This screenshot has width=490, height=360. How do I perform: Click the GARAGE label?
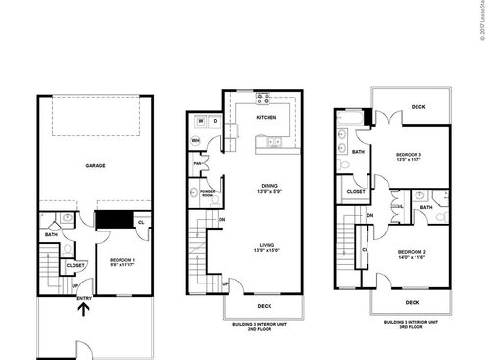(x=95, y=166)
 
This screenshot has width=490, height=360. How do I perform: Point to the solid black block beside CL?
(x=115, y=220)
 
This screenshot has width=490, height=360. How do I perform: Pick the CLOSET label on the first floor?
(x=75, y=265)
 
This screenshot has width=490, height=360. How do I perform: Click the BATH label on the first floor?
(x=51, y=234)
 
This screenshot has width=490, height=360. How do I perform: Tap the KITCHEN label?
(x=267, y=117)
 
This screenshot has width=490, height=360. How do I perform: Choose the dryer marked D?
(x=216, y=122)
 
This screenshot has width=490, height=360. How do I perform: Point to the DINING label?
(x=268, y=186)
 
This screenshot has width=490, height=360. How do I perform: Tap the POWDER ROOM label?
(x=208, y=194)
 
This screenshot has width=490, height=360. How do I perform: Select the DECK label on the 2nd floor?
(x=264, y=305)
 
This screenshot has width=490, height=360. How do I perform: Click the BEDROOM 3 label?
(x=409, y=155)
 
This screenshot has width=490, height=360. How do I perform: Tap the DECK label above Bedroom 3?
(x=418, y=107)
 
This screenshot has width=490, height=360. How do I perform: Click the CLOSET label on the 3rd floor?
(x=356, y=191)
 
